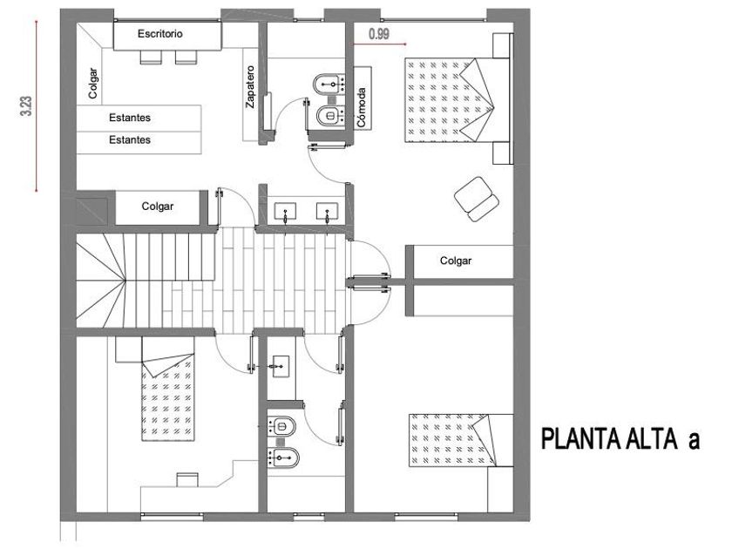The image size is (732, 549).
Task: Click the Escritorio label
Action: pos(160,34)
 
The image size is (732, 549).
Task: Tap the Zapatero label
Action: pos(250,87)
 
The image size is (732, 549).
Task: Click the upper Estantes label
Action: pos(130,118)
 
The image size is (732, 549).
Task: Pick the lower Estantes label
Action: pos(130,139)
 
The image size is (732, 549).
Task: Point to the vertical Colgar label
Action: pos(93,84)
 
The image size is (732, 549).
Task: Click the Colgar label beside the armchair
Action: pos(456,260)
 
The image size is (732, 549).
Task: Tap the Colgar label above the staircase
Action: pos(158,207)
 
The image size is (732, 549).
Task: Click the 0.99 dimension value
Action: pos(379,34)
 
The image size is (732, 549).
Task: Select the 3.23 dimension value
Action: pos(27,106)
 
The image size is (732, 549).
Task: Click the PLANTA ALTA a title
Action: pos(620,438)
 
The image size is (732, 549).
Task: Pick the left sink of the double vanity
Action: pos(286,211)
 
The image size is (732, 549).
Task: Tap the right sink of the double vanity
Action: pos(328,211)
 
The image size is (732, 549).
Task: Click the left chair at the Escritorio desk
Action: pos(150,57)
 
